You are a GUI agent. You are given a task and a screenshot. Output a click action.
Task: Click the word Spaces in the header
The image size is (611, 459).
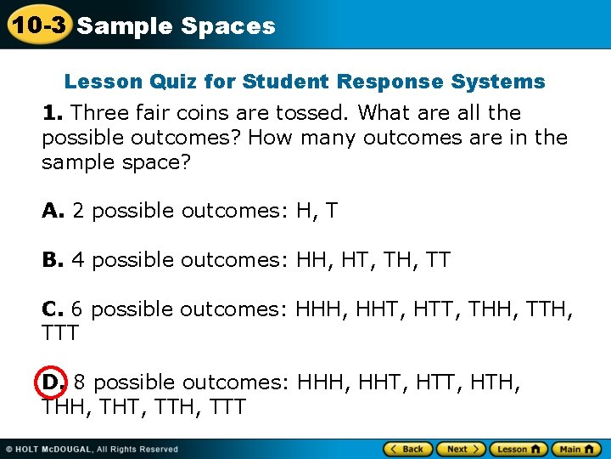pyautogui.click(x=228, y=26)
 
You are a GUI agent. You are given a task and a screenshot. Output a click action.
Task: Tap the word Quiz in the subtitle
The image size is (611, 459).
pyautogui.click(x=196, y=82)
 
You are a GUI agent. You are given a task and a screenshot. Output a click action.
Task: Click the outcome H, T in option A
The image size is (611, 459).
pyautogui.click(x=317, y=210)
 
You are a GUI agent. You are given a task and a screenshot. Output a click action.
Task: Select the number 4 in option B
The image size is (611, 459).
pyautogui.click(x=78, y=259)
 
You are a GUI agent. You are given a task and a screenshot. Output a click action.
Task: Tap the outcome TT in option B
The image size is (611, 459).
pyautogui.click(x=437, y=259)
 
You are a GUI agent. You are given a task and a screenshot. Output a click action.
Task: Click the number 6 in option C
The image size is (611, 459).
pyautogui.click(x=77, y=309)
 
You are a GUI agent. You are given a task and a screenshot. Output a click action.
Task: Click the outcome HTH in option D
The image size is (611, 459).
pyautogui.click(x=496, y=383)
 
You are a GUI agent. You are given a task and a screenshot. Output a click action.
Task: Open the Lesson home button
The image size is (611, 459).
pyautogui.click(x=519, y=449)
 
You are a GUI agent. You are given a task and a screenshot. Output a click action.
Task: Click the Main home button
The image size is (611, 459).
pyautogui.click(x=575, y=449)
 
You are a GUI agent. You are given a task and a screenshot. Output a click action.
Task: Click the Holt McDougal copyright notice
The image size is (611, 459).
pyautogui.click(x=92, y=449)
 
